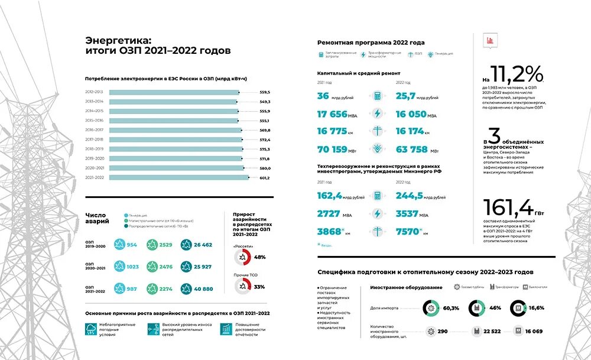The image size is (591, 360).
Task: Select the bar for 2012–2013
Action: [174, 92]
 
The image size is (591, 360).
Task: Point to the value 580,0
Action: [264, 168]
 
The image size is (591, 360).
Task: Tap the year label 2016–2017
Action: [95, 130]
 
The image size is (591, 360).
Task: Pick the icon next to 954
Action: [118, 244]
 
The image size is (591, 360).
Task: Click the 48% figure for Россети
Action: [259, 257]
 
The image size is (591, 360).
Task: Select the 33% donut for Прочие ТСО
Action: [241, 286]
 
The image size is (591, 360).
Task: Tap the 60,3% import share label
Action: [451, 308]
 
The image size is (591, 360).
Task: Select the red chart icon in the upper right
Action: [489, 40]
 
